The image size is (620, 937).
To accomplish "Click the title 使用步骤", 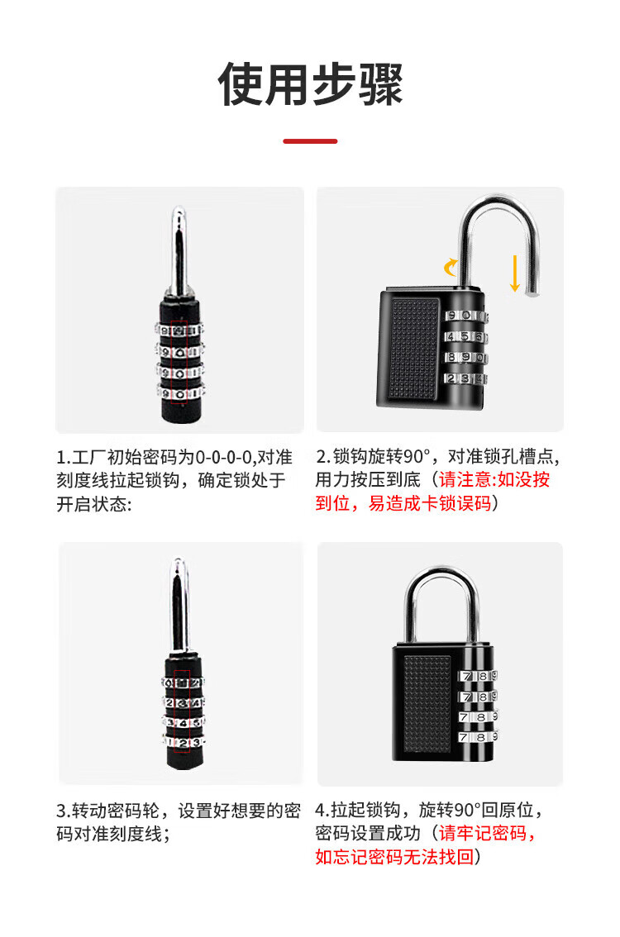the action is click(310, 83).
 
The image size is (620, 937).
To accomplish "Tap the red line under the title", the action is click(310, 141).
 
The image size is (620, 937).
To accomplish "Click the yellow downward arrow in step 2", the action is click(514, 273).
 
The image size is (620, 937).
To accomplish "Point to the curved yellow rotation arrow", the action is click(451, 267).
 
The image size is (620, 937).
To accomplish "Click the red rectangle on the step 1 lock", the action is click(179, 362).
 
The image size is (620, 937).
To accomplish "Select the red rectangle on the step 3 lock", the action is click(182, 711).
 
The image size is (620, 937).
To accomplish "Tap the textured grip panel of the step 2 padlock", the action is click(413, 349).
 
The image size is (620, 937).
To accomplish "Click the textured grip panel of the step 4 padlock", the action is click(427, 705).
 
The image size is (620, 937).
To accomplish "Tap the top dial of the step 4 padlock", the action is click(478, 676).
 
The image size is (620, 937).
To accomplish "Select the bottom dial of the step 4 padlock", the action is click(478, 737).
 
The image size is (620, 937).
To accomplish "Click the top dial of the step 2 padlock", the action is click(466, 316).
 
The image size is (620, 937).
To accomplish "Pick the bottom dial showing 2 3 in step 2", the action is click(466, 378).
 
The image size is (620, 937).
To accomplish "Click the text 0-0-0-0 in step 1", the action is click(223, 458).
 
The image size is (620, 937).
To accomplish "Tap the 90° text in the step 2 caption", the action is click(416, 457).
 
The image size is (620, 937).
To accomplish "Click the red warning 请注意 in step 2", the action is click(465, 479).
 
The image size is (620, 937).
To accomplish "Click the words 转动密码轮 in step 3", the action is click(116, 811).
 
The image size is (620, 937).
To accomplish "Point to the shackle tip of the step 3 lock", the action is click(179, 560).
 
